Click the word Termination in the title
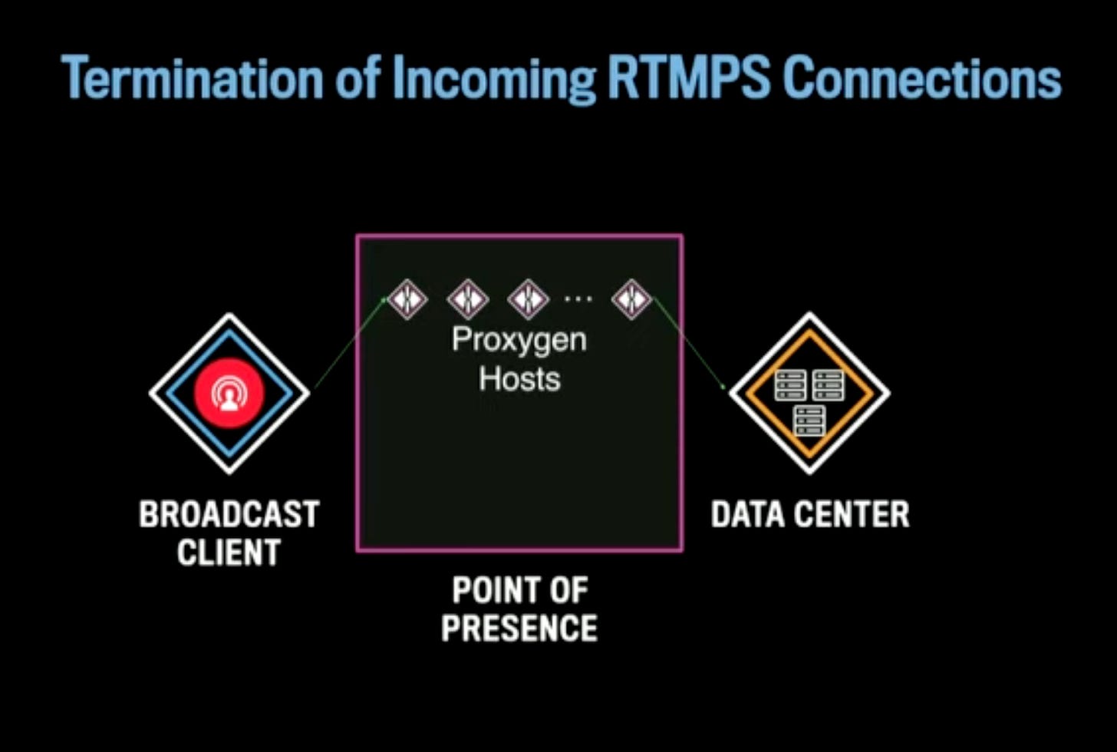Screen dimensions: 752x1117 coord(192,79)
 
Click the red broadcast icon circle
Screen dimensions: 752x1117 coord(229,393)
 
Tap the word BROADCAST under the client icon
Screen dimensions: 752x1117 coord(229,514)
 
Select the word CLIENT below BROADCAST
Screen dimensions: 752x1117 coord(229,552)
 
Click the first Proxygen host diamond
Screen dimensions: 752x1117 coord(407,298)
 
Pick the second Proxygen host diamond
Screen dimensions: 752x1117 coord(468,298)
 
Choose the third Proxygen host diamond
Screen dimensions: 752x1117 coord(529,298)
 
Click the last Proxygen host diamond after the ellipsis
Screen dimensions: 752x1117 coord(632,298)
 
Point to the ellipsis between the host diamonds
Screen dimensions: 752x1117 coord(578,298)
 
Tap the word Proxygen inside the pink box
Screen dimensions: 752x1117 coord(519,340)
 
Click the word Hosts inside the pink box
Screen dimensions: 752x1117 coord(519,379)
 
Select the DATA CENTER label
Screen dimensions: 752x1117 coord(810,514)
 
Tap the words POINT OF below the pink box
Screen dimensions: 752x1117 coord(519,590)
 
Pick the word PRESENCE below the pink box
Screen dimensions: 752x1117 coord(519,628)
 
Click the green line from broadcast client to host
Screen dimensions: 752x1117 coord(349,343)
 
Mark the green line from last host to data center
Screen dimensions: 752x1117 coord(687,343)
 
